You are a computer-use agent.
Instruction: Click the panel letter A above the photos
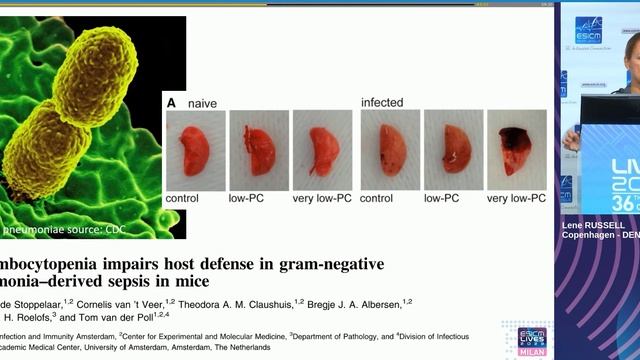coord(171,102)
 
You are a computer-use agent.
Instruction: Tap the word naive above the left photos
coord(203,103)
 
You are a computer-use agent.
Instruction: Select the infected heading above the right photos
coord(382,102)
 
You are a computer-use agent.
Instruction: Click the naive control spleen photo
coord(195,150)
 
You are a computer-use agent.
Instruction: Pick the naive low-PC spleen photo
coord(258,150)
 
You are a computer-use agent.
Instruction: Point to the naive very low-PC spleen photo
coord(322,150)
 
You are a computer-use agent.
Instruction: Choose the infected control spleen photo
coord(391,150)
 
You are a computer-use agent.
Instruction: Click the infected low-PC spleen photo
coord(453,150)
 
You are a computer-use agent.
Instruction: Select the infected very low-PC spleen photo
coord(516,150)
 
